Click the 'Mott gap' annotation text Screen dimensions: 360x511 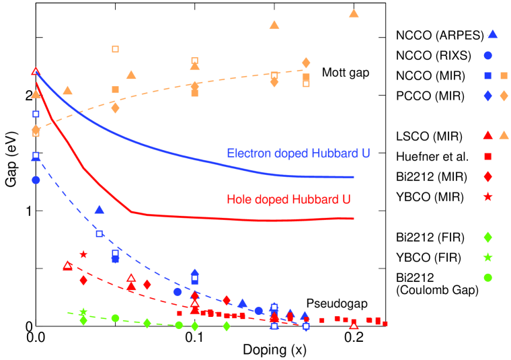346,73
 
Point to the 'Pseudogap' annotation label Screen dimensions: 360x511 328,303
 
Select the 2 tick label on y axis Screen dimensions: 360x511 27,96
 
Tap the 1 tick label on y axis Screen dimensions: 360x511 27,211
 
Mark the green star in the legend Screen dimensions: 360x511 489,258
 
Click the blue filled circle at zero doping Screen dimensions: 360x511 36,180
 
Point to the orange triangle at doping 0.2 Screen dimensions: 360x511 354,13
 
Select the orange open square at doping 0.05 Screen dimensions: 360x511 115,48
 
